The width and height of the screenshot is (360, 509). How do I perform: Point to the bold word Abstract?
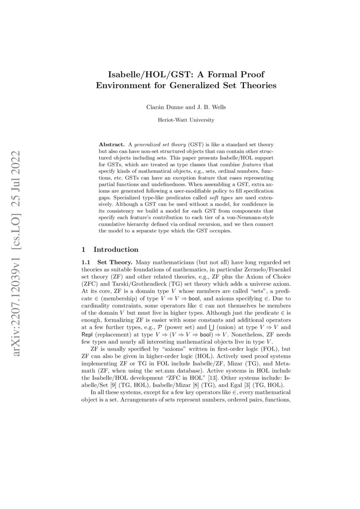pos(112,144)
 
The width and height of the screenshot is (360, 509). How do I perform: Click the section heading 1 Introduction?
pos(110,249)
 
